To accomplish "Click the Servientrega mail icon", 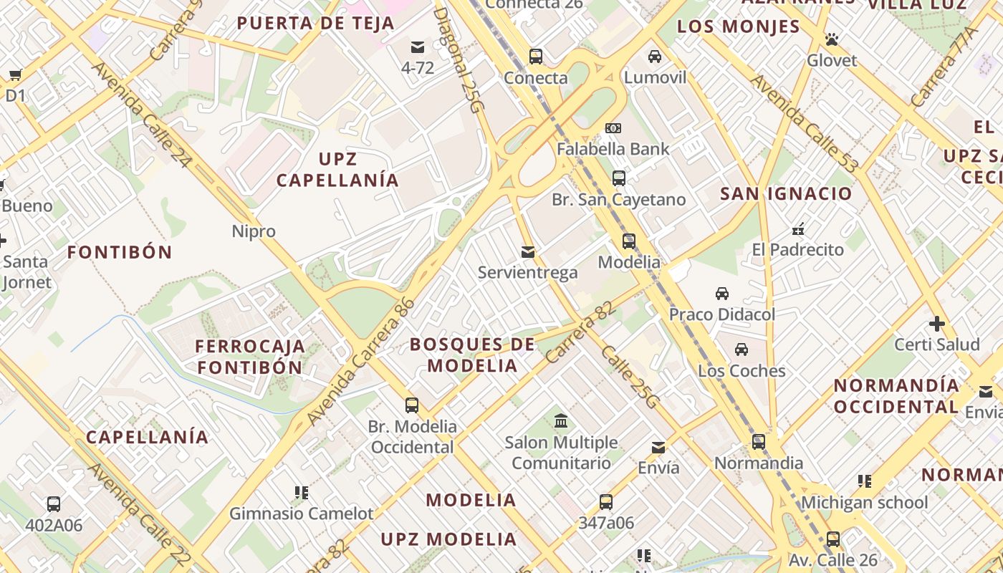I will [x=528, y=251].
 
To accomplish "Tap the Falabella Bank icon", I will [x=613, y=128].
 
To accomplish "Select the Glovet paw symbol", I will [x=831, y=39].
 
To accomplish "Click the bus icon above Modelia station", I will [x=628, y=241].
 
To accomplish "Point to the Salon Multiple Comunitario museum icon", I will [x=561, y=420].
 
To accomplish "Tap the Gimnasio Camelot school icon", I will [x=302, y=492].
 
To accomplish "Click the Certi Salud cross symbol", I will [x=936, y=323].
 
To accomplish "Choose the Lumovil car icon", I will [x=655, y=56].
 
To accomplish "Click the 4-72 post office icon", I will [x=417, y=47].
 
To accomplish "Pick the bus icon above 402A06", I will [x=54, y=504].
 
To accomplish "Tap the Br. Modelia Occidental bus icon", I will [x=412, y=405].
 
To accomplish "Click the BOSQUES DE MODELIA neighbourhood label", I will [x=473, y=355].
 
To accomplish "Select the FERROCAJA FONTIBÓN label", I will [x=250, y=357].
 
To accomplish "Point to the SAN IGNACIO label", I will [x=786, y=193].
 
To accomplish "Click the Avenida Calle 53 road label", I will [x=804, y=122].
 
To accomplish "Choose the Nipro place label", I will [x=254, y=231].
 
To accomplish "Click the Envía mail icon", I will [x=658, y=448].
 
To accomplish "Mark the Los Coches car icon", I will [x=742, y=350].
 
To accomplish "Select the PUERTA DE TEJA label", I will [x=315, y=23].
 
